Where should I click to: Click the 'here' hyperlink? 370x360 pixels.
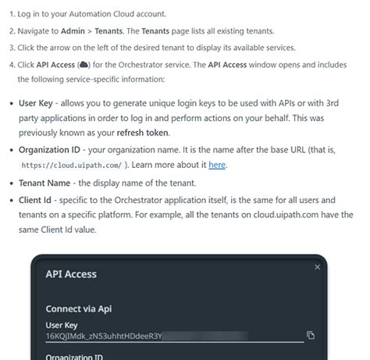click(216, 165)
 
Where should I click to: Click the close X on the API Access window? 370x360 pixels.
click(317, 267)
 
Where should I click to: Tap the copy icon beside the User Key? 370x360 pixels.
click(311, 335)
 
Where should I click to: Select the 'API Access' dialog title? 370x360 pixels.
click(71, 275)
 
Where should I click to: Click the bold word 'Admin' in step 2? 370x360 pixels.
click(73, 32)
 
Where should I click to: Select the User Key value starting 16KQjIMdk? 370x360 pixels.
click(103, 336)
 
